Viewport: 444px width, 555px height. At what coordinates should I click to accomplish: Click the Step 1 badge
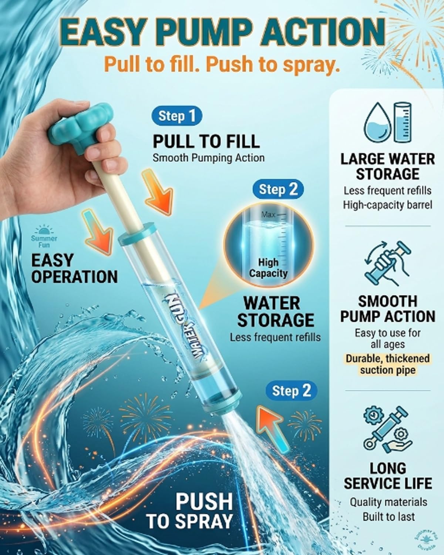point(176,116)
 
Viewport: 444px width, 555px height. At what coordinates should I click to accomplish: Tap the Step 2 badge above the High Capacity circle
point(278,189)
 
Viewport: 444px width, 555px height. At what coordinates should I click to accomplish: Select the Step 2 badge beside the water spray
point(292,391)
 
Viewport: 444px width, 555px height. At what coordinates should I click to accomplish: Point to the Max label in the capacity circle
point(269,214)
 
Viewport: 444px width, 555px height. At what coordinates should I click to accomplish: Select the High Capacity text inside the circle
point(268,268)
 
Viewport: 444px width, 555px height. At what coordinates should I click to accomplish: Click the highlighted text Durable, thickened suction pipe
point(387,364)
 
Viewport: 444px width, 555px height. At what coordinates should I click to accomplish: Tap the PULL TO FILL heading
point(206,141)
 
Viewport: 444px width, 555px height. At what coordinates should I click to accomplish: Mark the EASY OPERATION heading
point(74,269)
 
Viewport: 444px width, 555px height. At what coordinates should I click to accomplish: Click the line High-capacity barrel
point(387,205)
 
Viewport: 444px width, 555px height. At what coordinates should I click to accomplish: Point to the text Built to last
point(388,517)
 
